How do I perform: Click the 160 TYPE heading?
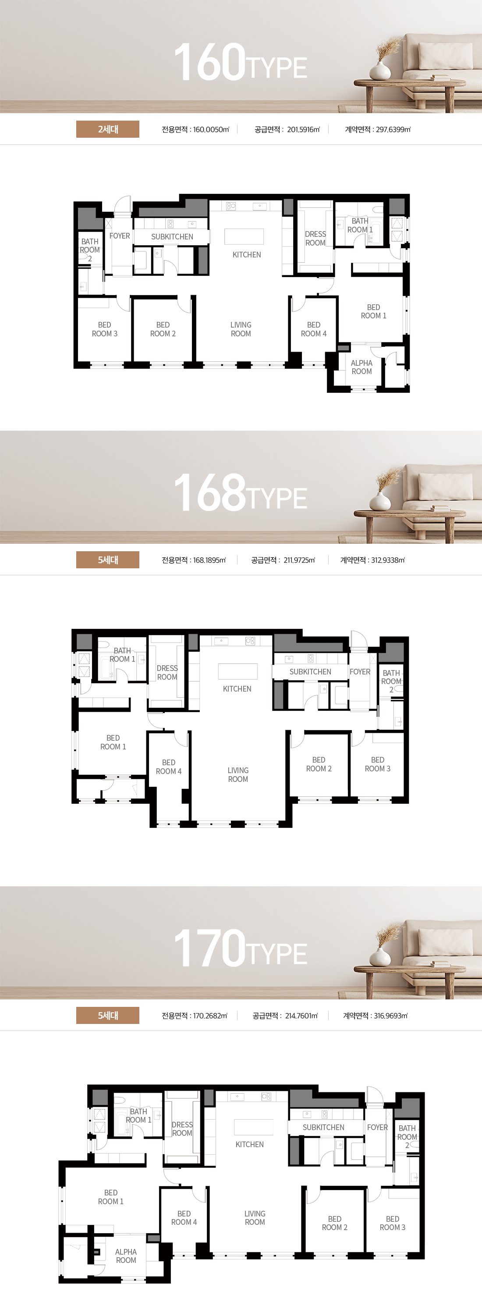[x=240, y=63]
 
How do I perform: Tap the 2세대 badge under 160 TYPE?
[x=108, y=129]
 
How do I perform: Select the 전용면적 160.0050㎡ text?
[x=195, y=129]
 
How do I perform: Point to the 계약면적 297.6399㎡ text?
[x=378, y=129]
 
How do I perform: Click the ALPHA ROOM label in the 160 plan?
[x=361, y=367]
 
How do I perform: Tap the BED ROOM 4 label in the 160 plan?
[x=314, y=329]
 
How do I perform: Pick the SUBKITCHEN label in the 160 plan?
[x=172, y=237]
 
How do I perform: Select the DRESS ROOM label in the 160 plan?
[x=315, y=238]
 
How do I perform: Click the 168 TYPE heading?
[x=240, y=492]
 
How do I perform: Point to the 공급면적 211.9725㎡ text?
[x=283, y=560]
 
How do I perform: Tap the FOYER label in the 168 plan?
[x=360, y=672]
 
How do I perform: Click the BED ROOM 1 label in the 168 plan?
[x=113, y=742]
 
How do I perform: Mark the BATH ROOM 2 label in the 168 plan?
[x=391, y=681]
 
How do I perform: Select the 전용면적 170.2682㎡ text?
[x=195, y=1016]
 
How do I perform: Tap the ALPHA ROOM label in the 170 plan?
[x=126, y=1255]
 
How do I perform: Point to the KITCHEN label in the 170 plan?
[x=250, y=1145]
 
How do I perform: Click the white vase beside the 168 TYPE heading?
[x=380, y=500]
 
